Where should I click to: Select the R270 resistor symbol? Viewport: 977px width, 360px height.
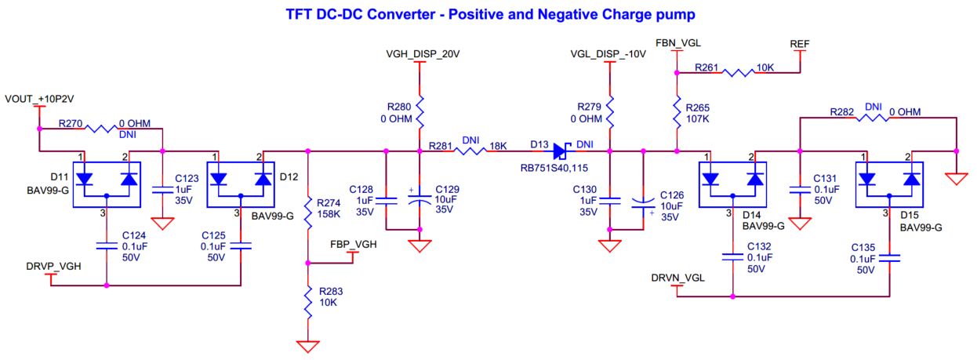point(100,127)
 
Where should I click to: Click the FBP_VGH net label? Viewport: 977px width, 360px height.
point(354,245)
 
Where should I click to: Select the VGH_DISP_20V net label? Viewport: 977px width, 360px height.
point(421,54)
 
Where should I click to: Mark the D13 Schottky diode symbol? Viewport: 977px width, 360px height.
point(561,151)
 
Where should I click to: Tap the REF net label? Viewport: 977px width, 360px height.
point(800,43)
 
